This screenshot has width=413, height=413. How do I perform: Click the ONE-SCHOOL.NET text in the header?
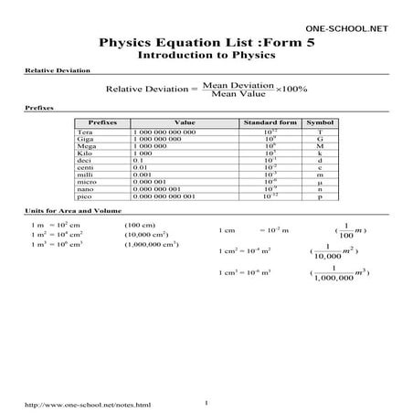[346, 30]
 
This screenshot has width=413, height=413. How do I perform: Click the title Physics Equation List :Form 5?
[206, 43]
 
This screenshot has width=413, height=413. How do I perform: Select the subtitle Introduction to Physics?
[206, 56]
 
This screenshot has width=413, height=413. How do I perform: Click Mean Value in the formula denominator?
[237, 94]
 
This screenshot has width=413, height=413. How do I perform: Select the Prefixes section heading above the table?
[38, 109]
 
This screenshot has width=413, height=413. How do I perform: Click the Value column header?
[183, 122]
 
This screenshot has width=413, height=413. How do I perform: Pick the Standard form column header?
[269, 122]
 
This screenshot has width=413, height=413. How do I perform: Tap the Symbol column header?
[319, 122]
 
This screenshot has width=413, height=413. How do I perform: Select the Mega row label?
[86, 147]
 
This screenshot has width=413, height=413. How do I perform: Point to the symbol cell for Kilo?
[319, 154]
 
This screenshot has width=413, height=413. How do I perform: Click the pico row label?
[85, 196]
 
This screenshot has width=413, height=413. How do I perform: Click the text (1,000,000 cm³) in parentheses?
[152, 245]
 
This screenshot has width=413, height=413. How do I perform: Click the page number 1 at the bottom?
[208, 399]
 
